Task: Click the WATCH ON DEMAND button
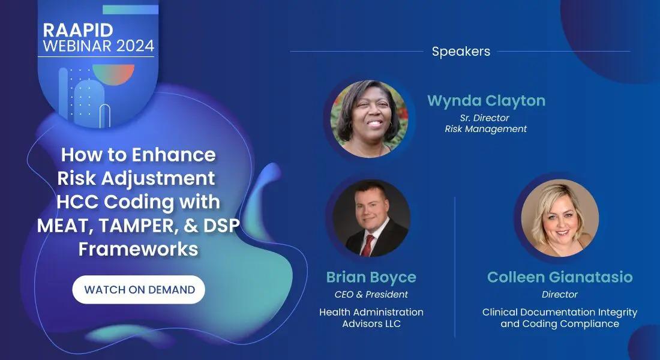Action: (x=139, y=290)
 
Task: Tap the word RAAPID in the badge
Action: (x=78, y=30)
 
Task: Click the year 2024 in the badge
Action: (x=136, y=46)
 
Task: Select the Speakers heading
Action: (x=461, y=52)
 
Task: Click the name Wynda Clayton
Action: (x=486, y=101)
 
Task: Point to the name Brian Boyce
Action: (x=371, y=277)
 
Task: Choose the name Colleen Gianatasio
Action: (x=560, y=277)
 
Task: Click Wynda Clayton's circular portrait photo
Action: (x=369, y=119)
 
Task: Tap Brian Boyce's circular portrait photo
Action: (x=371, y=218)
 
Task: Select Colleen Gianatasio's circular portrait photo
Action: (x=560, y=218)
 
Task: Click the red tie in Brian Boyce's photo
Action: (x=367, y=245)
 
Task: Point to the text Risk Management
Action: (x=486, y=129)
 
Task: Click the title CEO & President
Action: (x=371, y=295)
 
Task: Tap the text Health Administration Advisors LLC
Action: (x=371, y=318)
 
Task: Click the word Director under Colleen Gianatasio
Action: (x=560, y=295)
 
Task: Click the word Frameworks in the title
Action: (x=139, y=249)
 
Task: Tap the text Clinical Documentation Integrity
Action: (x=560, y=312)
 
